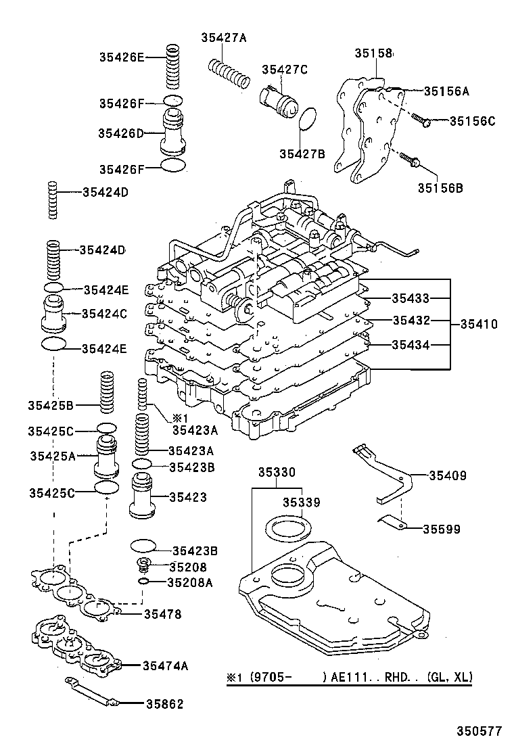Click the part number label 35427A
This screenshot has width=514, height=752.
[223, 38]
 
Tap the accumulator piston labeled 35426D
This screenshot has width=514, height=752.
[173, 134]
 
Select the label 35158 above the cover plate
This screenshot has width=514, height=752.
[373, 52]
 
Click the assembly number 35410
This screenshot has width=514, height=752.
[479, 325]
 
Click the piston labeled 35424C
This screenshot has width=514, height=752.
[55, 312]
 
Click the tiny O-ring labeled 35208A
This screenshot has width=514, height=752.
[143, 582]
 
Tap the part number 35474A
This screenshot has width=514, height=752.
[165, 666]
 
